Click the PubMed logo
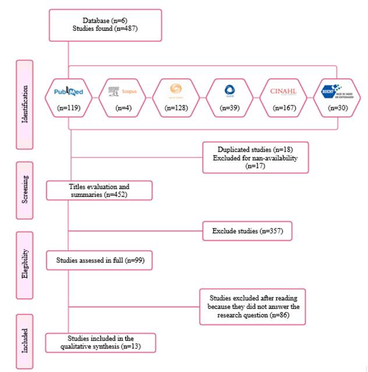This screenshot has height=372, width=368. [69, 91]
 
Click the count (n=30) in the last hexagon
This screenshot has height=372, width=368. [337, 107]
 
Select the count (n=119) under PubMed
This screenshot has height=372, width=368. [69, 107]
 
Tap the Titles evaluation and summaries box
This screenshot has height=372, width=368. [100, 191]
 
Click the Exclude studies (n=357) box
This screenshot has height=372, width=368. [247, 231]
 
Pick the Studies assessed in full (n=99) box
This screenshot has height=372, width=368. [100, 260]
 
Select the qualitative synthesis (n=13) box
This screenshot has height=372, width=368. [101, 342]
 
